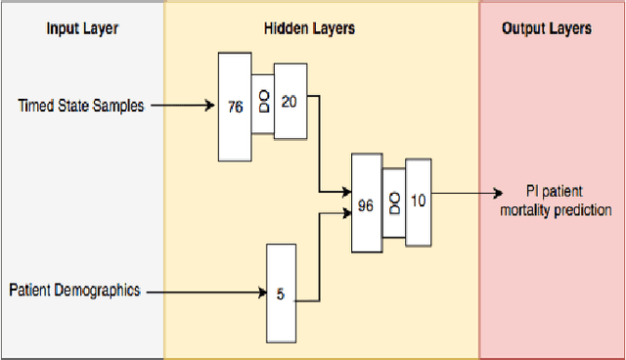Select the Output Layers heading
pyautogui.click(x=547, y=28)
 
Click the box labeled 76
pyautogui.click(x=235, y=108)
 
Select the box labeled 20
pyautogui.click(x=291, y=103)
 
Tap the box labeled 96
pyautogui.click(x=366, y=205)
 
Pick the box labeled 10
pyautogui.click(x=418, y=202)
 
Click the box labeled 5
pyautogui.click(x=280, y=292)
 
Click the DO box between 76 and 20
pyautogui.click(x=263, y=103)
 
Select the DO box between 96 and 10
pyautogui.click(x=393, y=202)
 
